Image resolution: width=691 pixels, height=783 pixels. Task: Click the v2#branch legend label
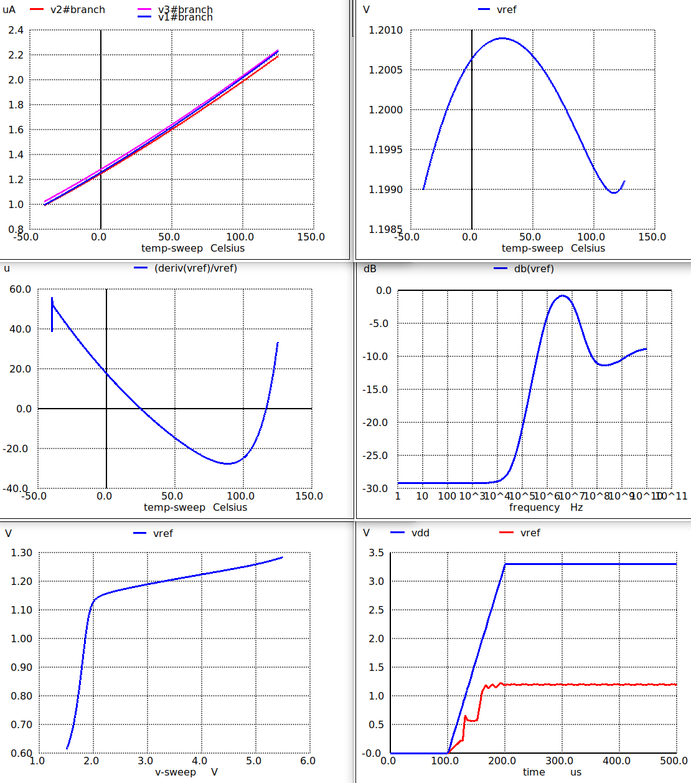pos(78,10)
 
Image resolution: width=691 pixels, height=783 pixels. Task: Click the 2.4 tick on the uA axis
pos(16,30)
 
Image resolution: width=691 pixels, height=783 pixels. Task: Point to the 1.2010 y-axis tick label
pos(385,30)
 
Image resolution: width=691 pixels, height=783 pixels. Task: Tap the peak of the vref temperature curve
pos(502,38)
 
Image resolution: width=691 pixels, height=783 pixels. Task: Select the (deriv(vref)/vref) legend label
pos(195,268)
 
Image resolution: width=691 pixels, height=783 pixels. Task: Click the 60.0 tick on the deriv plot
pos(20,289)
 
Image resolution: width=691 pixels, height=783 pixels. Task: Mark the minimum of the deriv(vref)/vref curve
pos(228,463)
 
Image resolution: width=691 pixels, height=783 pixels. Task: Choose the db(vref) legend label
pos(534,268)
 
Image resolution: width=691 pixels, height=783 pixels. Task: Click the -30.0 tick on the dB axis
pos(377,488)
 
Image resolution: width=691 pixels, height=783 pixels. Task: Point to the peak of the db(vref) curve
pos(563,295)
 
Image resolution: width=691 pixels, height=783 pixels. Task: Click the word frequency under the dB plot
pos(534,507)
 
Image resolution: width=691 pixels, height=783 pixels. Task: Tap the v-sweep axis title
pos(176,772)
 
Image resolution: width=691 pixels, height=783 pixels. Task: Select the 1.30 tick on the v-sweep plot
pos(22,553)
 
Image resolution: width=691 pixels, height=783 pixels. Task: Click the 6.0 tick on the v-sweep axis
pos(308,761)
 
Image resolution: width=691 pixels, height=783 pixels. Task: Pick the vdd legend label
pos(420,533)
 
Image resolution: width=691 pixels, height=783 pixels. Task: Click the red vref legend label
pos(530,533)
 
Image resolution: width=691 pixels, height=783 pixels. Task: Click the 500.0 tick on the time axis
pos(674,761)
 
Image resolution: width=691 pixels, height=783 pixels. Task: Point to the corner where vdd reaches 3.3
pos(505,564)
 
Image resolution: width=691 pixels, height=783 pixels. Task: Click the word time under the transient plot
pos(534,772)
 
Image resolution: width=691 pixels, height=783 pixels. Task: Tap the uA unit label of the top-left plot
pos(9,10)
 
